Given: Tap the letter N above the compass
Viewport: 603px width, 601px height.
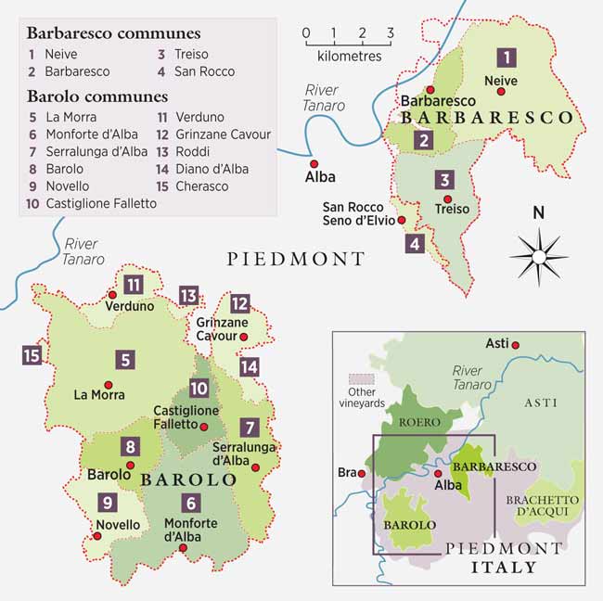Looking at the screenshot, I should [x=538, y=212].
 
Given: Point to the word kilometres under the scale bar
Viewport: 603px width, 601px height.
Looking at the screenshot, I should [x=349, y=56].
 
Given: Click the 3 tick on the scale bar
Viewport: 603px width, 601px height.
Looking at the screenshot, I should [x=390, y=34].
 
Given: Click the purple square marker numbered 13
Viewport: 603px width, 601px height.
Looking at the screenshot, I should [x=189, y=296].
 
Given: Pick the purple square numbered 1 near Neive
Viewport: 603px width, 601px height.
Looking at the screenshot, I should [x=507, y=58].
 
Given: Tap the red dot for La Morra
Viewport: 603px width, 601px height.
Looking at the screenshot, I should [x=108, y=385].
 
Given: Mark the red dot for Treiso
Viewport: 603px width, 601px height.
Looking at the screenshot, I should [x=448, y=198].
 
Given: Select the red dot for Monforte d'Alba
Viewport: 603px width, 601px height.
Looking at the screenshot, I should [x=183, y=548].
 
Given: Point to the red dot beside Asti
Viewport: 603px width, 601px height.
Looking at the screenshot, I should [x=516, y=345].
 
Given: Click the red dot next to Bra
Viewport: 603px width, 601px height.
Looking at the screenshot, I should [x=363, y=473].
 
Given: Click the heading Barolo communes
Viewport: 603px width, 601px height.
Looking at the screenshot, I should [x=96, y=96].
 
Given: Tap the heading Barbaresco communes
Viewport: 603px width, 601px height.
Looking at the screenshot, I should [x=113, y=33].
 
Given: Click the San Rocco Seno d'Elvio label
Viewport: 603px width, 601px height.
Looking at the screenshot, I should [x=357, y=212].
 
